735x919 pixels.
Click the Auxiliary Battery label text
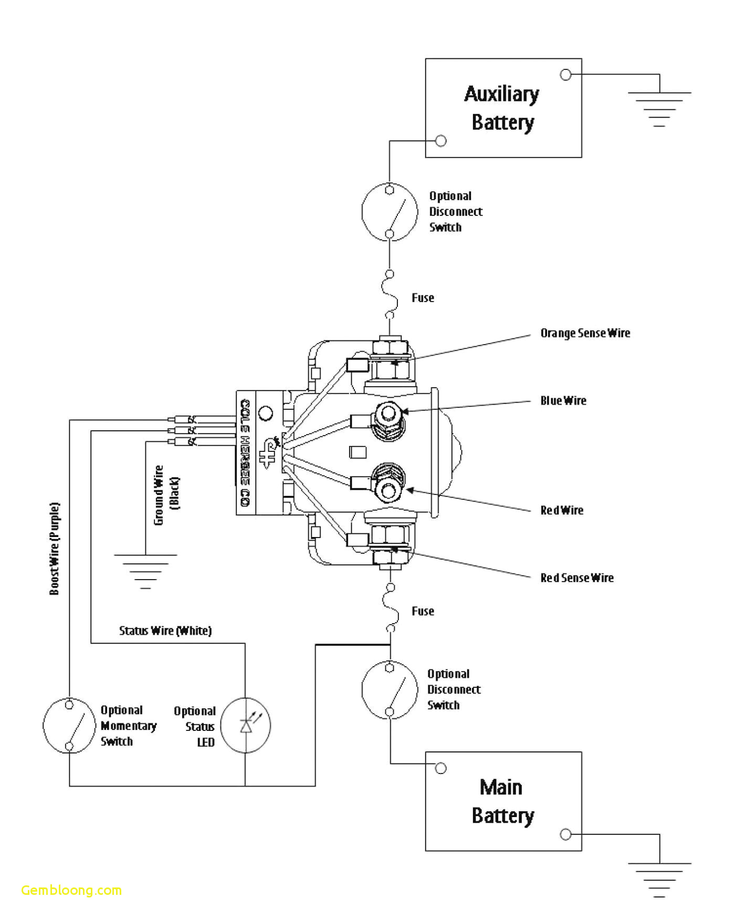502,108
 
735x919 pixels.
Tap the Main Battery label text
502,802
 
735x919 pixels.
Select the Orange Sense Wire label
585,333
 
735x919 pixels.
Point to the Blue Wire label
563,401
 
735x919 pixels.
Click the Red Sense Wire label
576,578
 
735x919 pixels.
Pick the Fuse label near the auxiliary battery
423,298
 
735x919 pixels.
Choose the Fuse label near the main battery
423,611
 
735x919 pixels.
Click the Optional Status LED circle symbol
246,725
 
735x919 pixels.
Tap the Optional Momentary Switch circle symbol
69,725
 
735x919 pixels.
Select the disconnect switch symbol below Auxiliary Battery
390,212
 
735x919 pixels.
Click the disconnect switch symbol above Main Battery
390,689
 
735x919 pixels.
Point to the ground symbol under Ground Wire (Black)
145,570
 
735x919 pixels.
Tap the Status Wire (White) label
165,631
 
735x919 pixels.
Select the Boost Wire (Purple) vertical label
54,549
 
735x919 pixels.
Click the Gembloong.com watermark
71,891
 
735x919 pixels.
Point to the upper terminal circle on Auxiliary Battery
565,75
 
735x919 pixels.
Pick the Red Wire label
562,511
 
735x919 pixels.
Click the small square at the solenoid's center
358,452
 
